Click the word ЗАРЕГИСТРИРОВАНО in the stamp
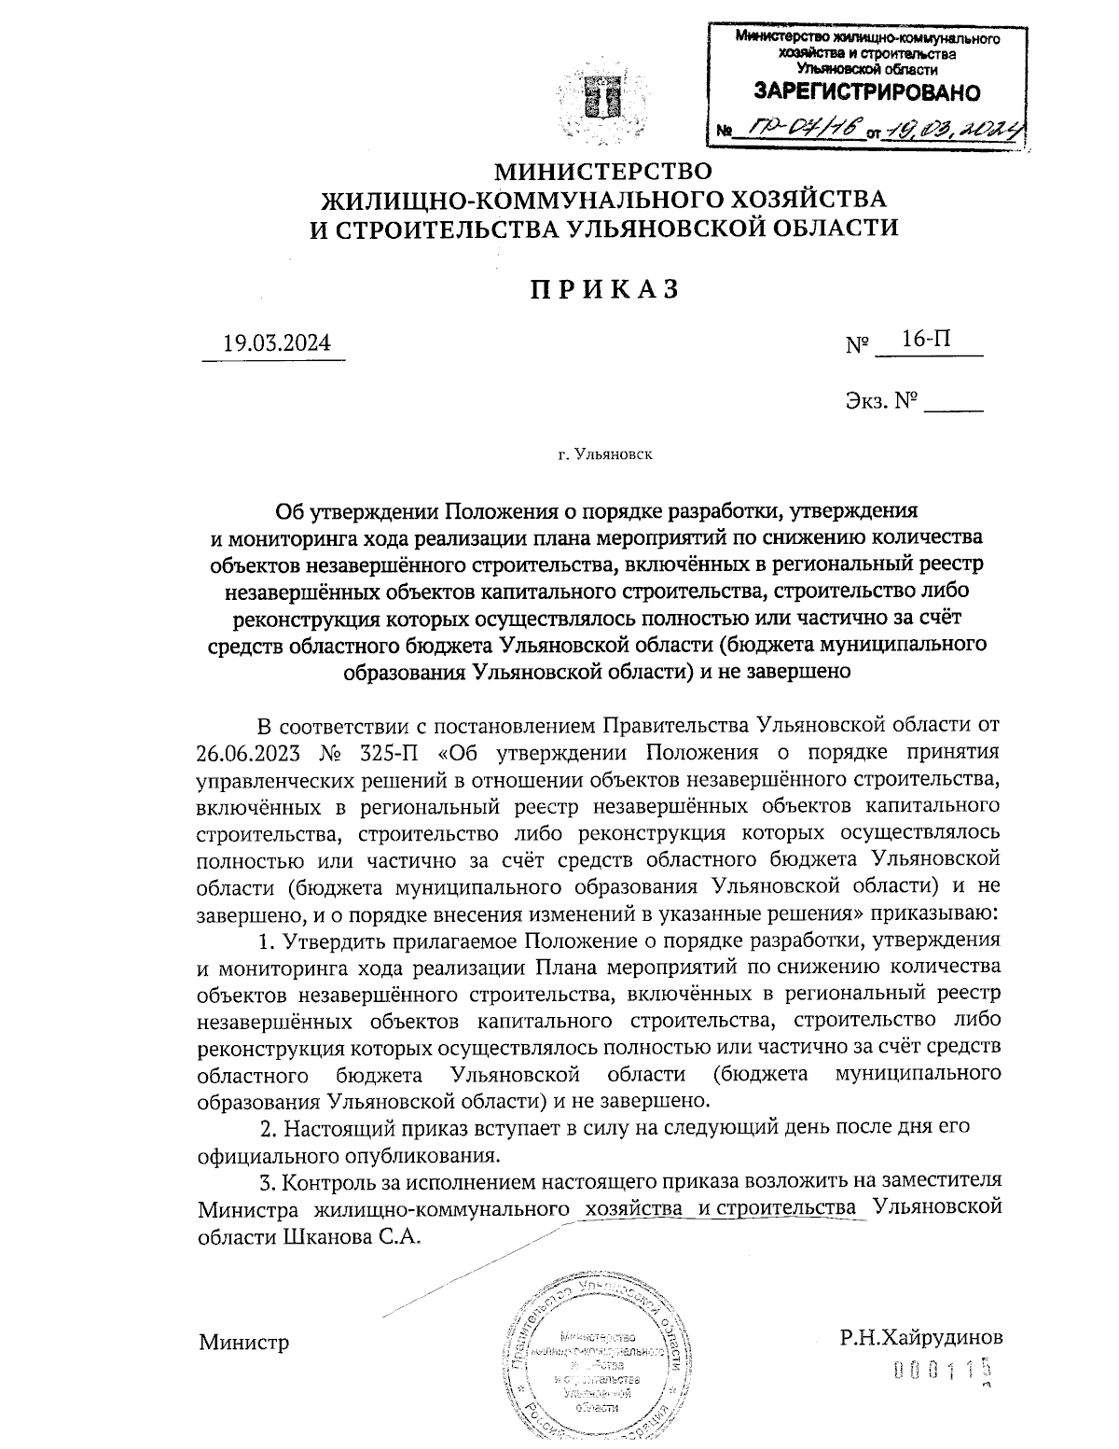tap(866, 92)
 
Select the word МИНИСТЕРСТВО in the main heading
tap(601, 172)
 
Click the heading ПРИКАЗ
tap(603, 289)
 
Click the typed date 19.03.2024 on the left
tap(275, 343)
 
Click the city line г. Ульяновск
tap(604, 455)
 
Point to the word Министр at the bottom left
tap(243, 1342)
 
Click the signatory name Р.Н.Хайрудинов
tap(920, 1337)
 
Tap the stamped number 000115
tap(940, 1370)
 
